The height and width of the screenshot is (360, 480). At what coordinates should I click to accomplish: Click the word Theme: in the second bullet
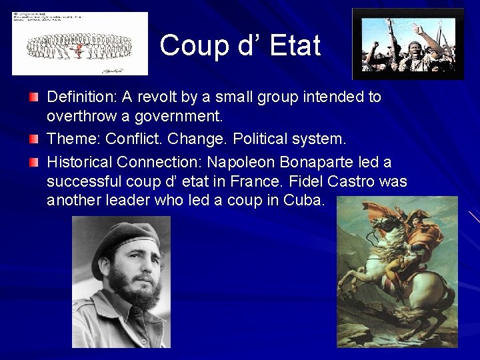73,139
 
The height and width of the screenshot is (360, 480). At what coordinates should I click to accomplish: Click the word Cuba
303,201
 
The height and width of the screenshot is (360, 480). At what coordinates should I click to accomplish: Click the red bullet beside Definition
34,97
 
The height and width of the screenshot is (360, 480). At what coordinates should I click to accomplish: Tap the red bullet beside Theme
34,139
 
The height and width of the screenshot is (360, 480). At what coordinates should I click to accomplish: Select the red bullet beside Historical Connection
34,161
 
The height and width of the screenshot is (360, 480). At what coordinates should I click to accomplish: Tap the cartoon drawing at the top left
80,44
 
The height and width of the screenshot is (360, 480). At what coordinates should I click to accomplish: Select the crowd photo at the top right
408,44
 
